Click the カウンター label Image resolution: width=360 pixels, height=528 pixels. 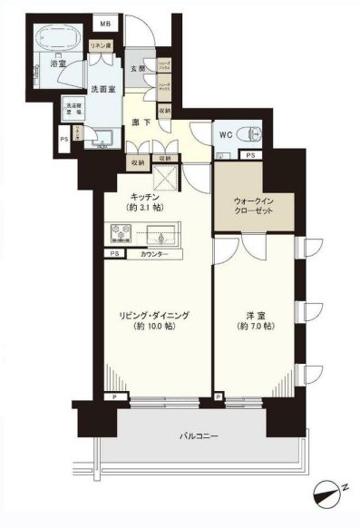coord(157,254)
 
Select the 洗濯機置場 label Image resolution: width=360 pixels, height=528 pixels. coord(71,109)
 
